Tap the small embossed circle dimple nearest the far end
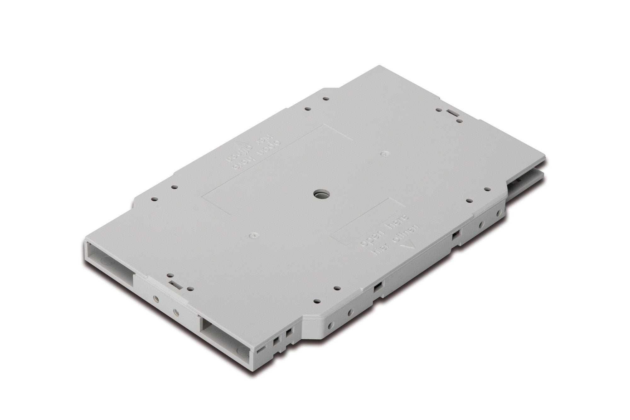click(x=383, y=154)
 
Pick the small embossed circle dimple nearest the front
click(x=252, y=235)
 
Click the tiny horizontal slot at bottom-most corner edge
click(x=261, y=350)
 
